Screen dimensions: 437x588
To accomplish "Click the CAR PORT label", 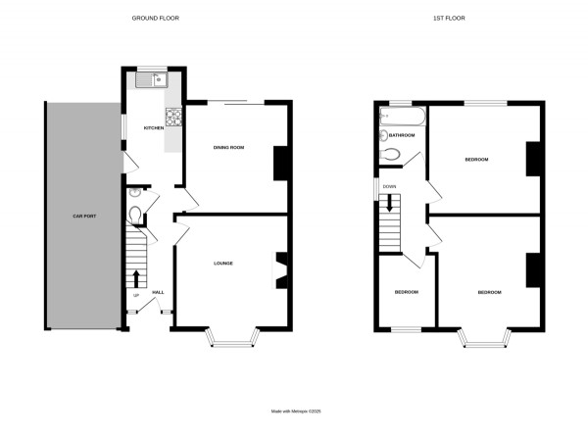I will tap(81, 215).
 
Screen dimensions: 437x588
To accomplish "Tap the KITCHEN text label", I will tap(154, 128).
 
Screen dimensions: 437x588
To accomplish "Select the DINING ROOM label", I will tap(228, 147).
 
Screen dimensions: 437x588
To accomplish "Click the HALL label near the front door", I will tap(157, 292).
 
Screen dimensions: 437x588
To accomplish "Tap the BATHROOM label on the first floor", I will tap(402, 135).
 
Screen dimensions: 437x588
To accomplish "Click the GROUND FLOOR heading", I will tap(157, 19).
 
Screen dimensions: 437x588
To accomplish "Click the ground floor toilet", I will tap(134, 215).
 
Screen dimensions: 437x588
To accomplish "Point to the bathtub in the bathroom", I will tap(402, 118).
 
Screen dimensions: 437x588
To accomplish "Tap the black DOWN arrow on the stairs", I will tap(390, 204).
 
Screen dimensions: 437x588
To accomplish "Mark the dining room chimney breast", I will tap(278, 163).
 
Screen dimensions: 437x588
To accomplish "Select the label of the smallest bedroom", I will tap(407, 292).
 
